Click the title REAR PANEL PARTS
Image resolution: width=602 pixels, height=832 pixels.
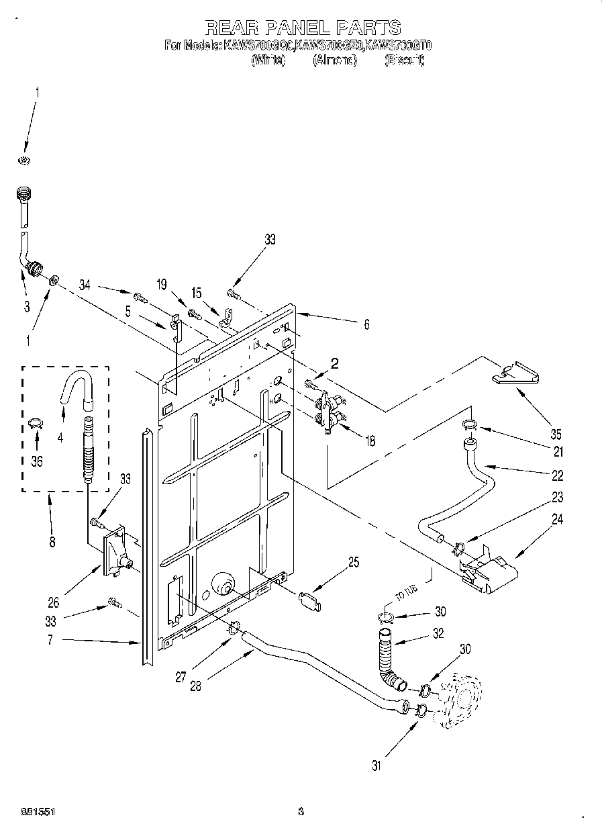coord(302,27)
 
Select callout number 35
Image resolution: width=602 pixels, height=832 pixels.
coord(556,434)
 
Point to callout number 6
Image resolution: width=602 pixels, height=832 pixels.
coord(366,324)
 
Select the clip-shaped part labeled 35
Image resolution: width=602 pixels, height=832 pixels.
coord(517,374)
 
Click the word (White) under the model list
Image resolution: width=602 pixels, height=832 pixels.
coord(268,60)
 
